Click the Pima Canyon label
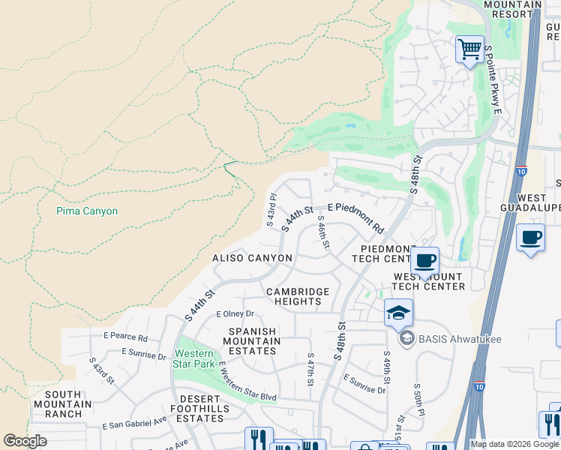click(x=87, y=211)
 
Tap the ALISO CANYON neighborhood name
click(x=252, y=258)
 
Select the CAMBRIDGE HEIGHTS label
click(x=298, y=296)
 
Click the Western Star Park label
click(x=193, y=358)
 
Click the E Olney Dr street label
click(x=235, y=314)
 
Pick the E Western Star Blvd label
click(x=247, y=380)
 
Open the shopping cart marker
click(x=470, y=49)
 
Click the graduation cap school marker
click(x=398, y=312)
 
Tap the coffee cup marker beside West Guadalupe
click(x=531, y=238)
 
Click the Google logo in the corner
click(x=25, y=441)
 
